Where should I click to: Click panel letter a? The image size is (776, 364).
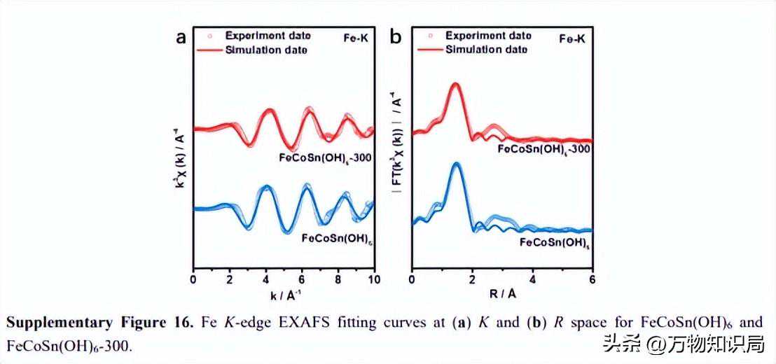pos(181,38)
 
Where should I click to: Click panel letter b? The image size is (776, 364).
pos(396,38)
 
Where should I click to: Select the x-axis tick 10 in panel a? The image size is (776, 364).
pos(375,279)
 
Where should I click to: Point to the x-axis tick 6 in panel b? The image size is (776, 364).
pos(593,279)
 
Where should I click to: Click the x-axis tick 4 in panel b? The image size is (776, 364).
pos(532,279)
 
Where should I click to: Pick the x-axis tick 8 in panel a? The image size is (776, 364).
pos(339,279)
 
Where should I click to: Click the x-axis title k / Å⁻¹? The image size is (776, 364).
pos(283,293)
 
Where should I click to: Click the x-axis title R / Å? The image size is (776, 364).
pos(501,293)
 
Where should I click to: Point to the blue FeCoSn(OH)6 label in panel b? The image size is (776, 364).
pos(553,242)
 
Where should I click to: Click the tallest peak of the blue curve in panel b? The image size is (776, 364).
pos(457,164)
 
